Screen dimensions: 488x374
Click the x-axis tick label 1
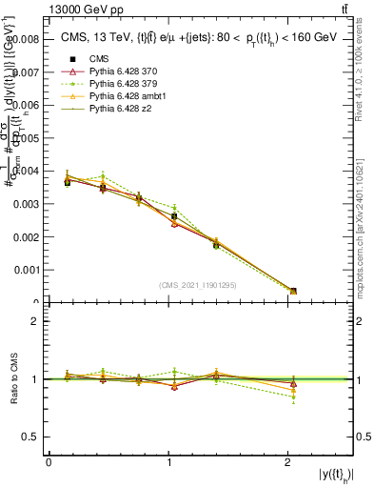[168, 462]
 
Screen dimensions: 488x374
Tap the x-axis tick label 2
[288, 462]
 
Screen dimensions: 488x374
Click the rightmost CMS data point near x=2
[293, 291]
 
